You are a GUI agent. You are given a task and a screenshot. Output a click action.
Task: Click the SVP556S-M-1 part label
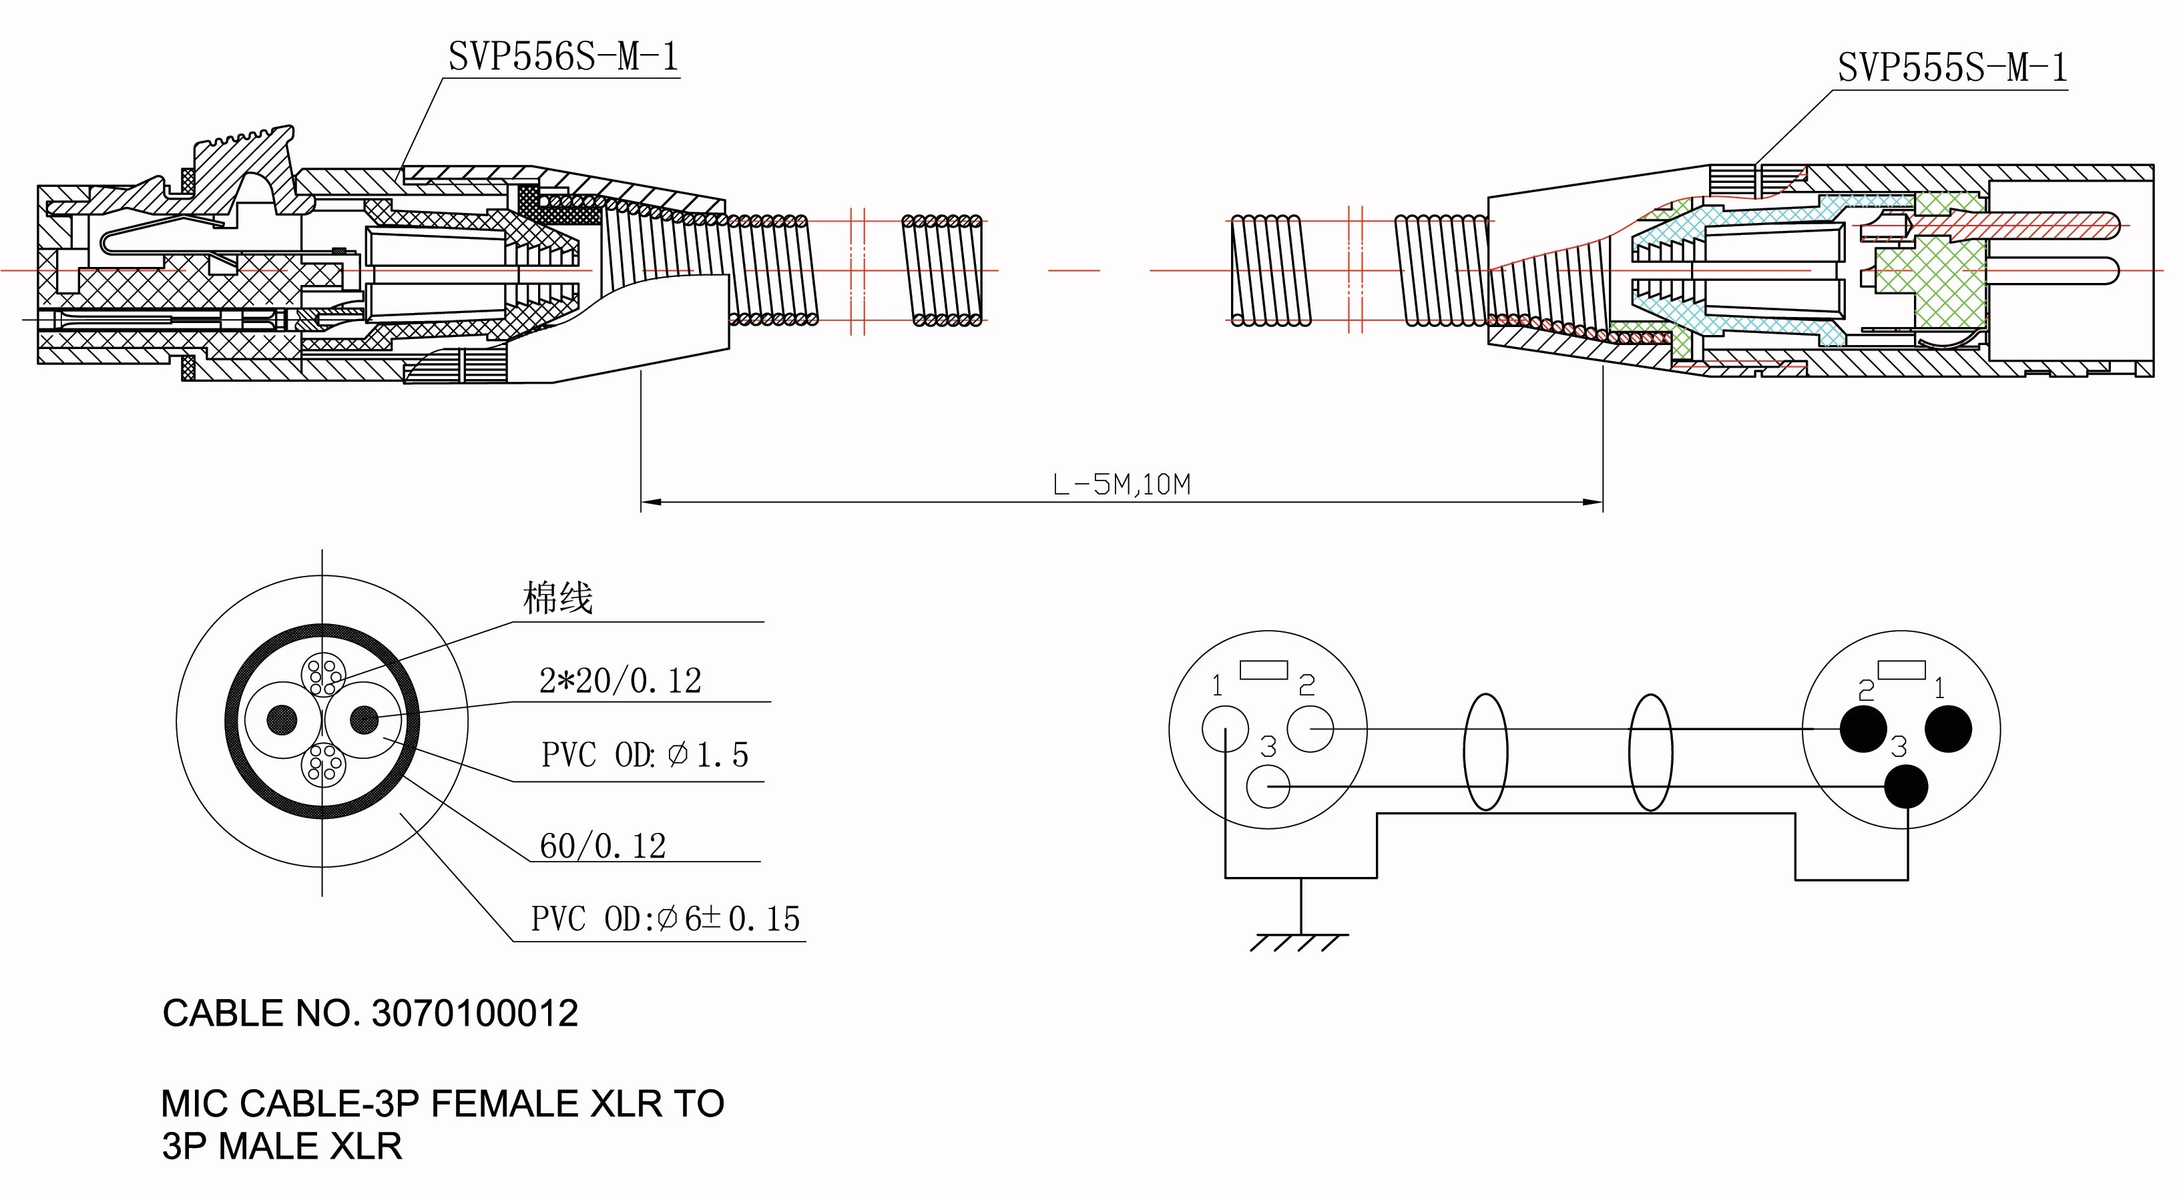tap(563, 57)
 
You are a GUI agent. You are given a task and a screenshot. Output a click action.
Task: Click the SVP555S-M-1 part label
tap(1951, 68)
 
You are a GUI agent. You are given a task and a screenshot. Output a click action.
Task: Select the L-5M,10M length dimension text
tap(1121, 485)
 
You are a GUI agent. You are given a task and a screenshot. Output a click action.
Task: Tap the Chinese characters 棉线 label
tap(557, 598)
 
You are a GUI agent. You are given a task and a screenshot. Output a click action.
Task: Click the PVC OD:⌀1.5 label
tap(645, 755)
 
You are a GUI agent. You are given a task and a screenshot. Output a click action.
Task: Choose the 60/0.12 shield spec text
tap(603, 846)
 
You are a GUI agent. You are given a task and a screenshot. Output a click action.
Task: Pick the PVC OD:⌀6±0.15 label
tap(665, 918)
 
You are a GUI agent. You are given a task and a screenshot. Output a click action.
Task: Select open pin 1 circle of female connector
tap(1226, 729)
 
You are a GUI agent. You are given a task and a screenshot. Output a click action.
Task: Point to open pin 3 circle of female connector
tap(1268, 786)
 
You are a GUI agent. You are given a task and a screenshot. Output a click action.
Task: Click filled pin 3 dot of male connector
tap(1907, 786)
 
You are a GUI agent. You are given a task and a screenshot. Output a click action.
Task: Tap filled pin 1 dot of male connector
tap(1948, 729)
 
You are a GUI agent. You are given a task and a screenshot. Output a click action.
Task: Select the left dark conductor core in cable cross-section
tap(282, 720)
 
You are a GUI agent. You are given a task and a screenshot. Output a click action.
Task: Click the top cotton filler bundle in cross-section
tap(323, 675)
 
